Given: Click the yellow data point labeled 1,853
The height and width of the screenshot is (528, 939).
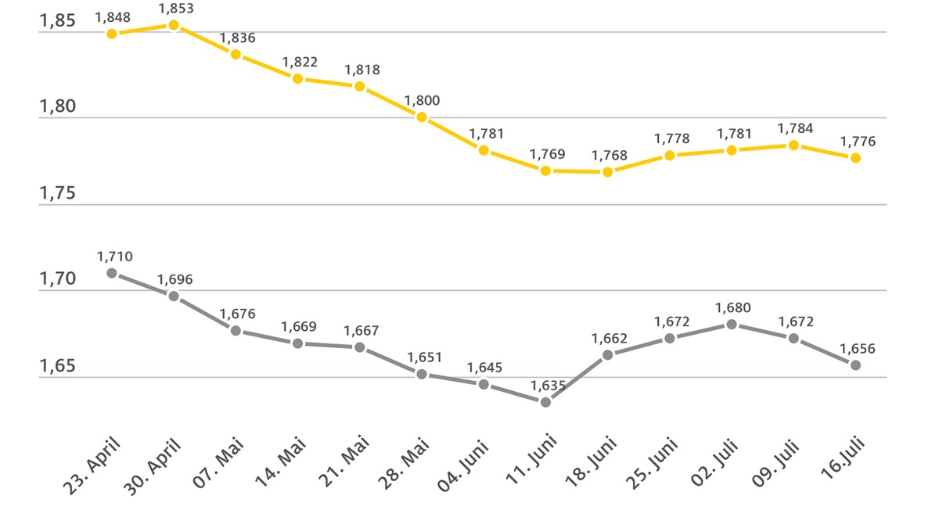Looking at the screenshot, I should pos(174,25).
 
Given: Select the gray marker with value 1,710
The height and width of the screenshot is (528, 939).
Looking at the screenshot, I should pos(112,273).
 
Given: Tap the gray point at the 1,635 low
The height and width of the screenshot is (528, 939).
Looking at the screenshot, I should pos(545,402).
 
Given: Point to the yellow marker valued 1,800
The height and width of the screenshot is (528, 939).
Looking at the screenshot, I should pos(422,117).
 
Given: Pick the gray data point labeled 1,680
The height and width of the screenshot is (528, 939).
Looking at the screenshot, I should pos(732,324).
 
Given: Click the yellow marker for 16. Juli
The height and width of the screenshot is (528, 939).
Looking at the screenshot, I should pos(856,158).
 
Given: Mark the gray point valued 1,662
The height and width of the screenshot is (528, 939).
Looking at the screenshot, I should pos(607,355).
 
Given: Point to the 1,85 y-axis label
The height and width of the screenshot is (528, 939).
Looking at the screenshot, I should pos(57,20).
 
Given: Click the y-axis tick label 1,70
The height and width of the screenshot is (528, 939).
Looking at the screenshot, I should pos(57,279).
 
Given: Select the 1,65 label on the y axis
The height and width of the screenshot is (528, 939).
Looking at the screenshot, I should pos(57,366).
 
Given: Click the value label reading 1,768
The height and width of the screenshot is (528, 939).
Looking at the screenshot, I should pos(610,155).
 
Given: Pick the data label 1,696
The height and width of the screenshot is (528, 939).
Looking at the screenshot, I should pos(174,279).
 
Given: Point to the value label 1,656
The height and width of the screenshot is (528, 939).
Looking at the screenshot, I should pos(858,349).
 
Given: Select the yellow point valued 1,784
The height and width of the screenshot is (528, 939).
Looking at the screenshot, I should pos(793,145).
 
